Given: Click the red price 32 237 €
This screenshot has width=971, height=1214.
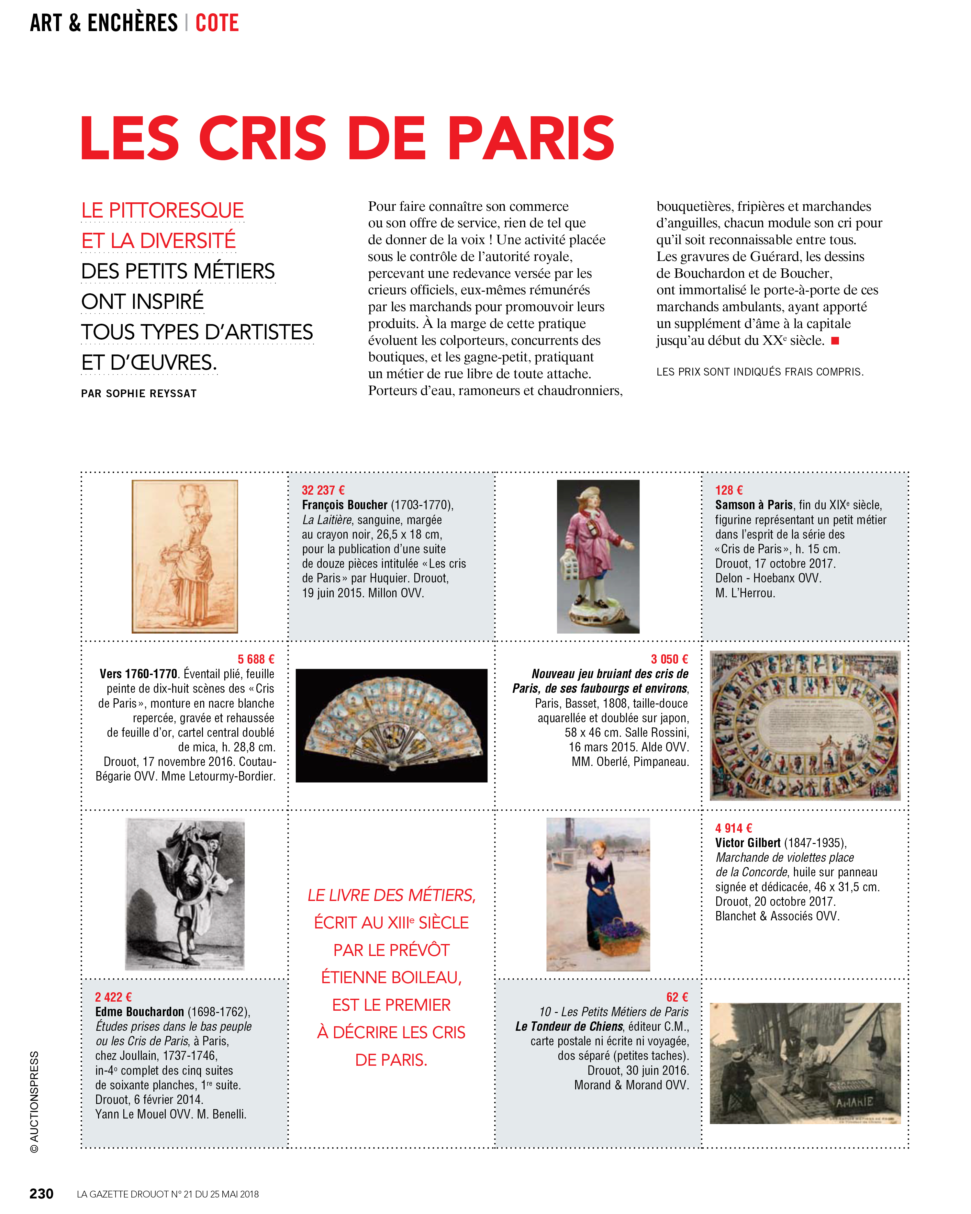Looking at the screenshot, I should click(x=323, y=490).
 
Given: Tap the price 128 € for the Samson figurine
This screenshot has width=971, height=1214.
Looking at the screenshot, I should click(x=728, y=490).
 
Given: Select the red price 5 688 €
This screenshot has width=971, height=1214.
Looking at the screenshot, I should click(x=256, y=659).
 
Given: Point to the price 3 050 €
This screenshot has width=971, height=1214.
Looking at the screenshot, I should click(x=669, y=659).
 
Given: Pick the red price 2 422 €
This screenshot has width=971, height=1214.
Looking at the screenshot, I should click(x=113, y=997).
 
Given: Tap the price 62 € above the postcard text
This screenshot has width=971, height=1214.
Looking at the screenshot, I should click(x=677, y=997).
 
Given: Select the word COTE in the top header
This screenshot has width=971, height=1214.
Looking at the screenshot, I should click(x=217, y=23).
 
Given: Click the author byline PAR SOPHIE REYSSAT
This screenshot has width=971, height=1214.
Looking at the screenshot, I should click(x=139, y=394).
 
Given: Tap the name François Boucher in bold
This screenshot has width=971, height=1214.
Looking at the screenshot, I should click(x=344, y=504).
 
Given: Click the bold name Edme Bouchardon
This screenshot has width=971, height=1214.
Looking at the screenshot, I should click(x=140, y=1011).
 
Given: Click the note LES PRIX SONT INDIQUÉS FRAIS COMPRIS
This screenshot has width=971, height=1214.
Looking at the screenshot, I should click(x=759, y=372).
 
